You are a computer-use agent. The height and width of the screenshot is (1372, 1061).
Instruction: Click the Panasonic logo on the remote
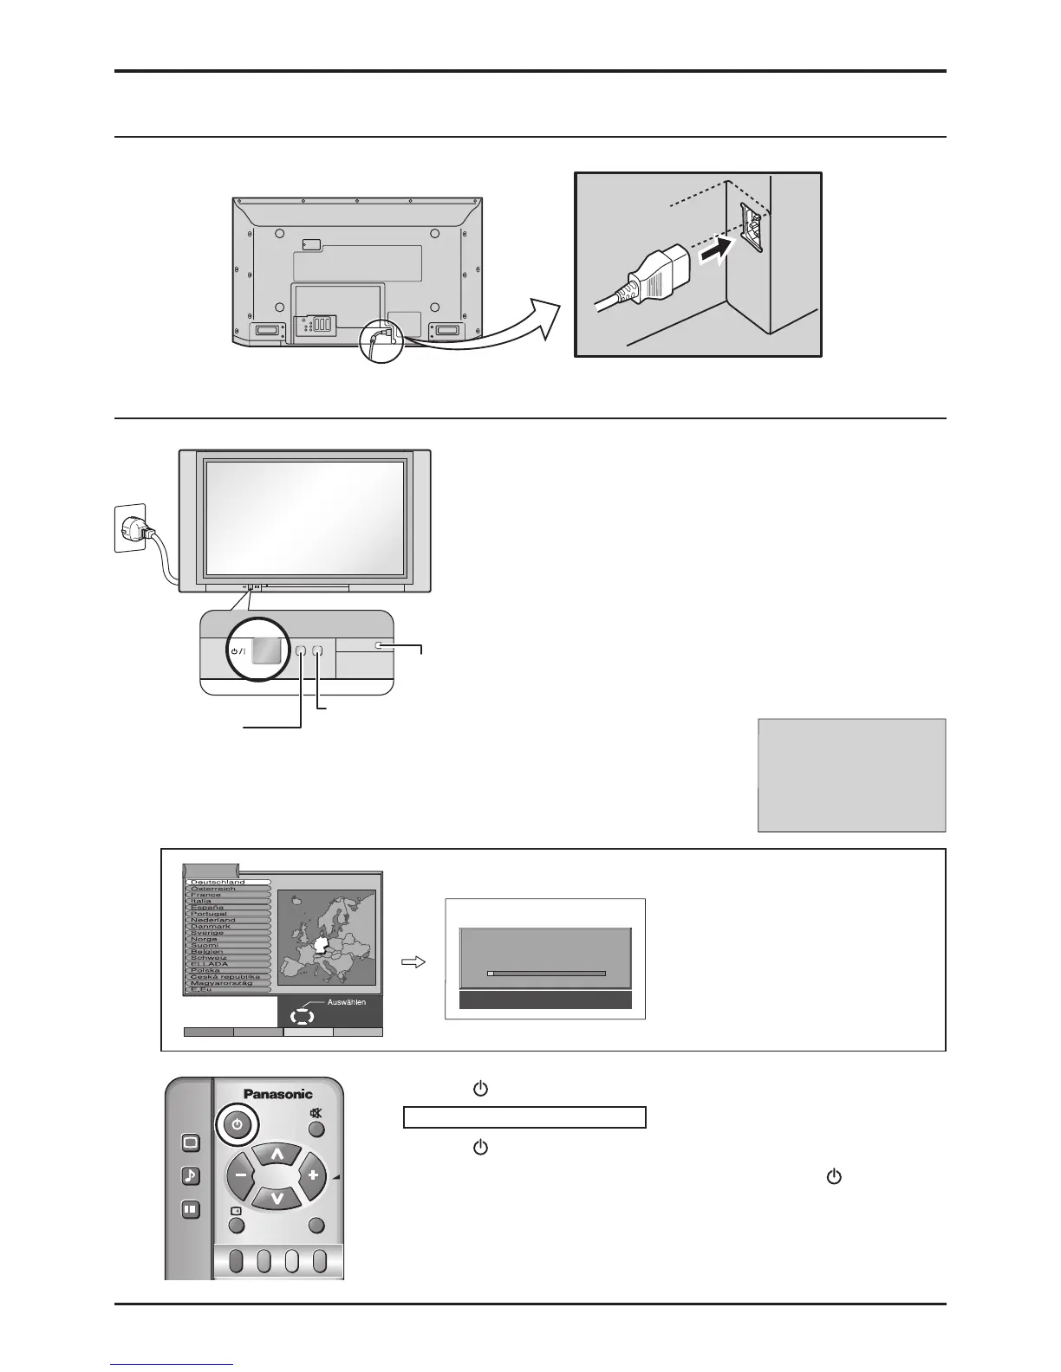click(x=277, y=1094)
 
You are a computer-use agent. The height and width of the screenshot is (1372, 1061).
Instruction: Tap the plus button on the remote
click(x=313, y=1176)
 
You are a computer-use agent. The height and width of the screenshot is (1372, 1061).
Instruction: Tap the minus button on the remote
click(x=240, y=1176)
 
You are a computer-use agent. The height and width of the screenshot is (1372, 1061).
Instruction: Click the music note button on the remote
click(x=191, y=1175)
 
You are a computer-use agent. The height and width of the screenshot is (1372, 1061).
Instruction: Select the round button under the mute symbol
click(x=316, y=1129)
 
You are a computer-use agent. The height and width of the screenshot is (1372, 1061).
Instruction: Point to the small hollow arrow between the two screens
click(x=413, y=962)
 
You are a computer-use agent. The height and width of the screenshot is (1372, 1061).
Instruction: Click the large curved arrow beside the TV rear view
click(x=485, y=333)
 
